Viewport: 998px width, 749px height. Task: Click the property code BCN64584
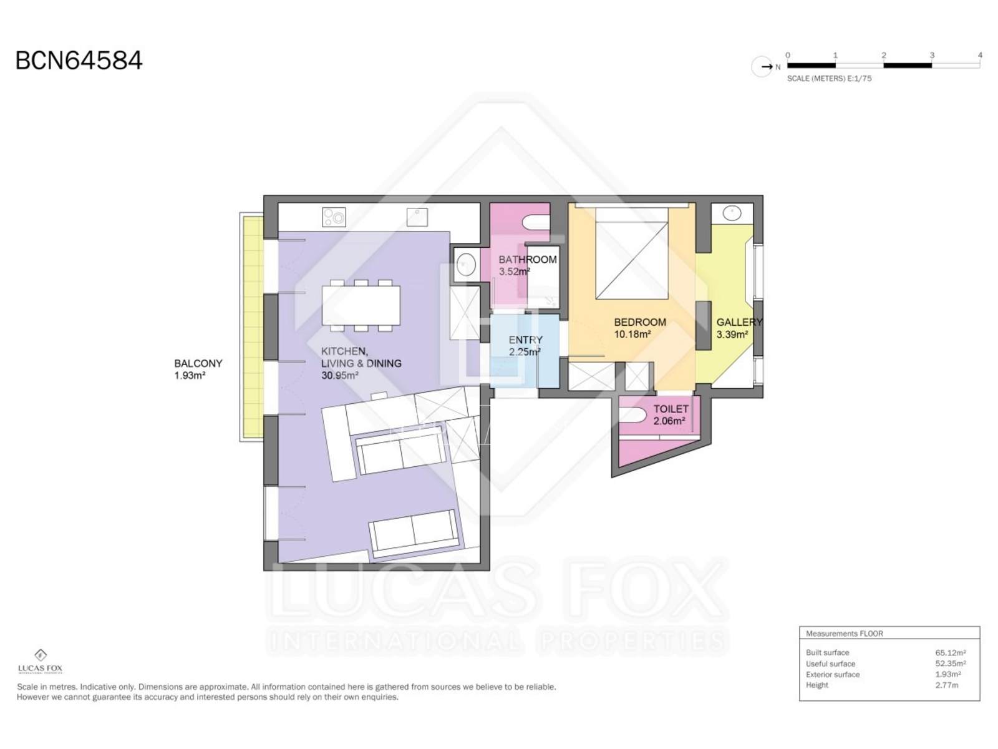79,61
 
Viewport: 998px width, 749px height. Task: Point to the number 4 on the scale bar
980,55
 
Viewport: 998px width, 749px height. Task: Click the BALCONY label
198,363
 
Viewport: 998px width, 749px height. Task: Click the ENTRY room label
526,340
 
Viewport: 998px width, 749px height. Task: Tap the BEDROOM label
640,322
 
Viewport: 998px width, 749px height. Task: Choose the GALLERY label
739,322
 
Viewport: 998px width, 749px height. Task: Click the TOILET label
671,409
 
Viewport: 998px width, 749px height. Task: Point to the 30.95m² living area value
340,376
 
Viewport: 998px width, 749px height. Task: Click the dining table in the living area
361,305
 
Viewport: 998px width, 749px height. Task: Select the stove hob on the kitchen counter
334,217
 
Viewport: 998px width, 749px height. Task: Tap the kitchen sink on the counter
417,217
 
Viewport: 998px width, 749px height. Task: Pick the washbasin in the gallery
732,213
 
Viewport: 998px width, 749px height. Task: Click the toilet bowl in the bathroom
536,223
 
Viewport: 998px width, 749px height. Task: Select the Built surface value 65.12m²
950,653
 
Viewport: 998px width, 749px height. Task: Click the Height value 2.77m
947,685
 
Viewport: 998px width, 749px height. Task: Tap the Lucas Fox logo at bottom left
40,661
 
